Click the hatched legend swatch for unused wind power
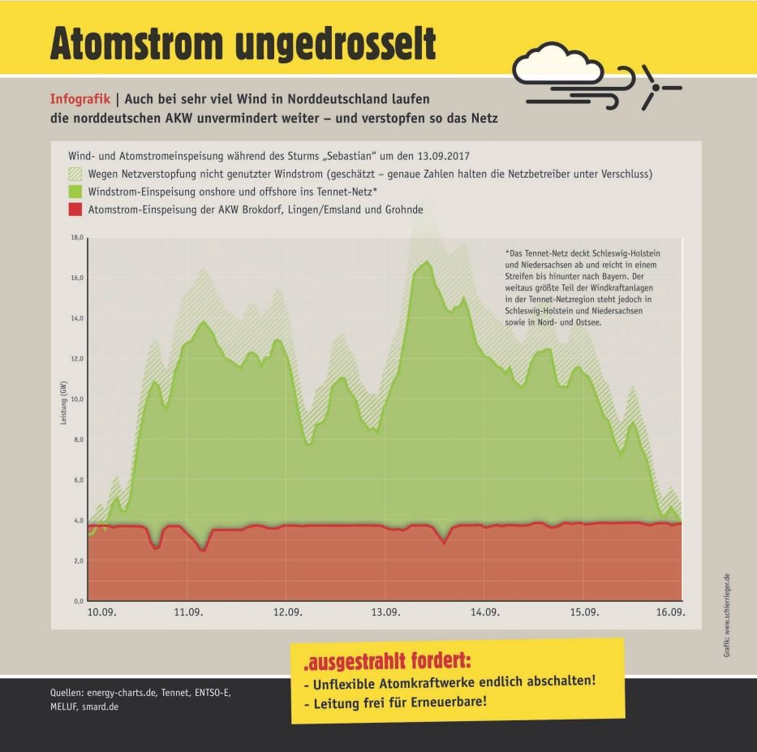pos(75,175)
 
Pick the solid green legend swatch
pos(75,192)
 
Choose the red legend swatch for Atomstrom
pos(75,210)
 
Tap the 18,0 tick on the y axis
pos(78,237)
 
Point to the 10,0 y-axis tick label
pos(78,399)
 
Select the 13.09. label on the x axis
pos(385,613)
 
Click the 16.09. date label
pos(671,613)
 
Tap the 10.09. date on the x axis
pos(102,613)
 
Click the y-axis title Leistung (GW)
pos(63,403)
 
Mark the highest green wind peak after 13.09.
pos(427,262)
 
